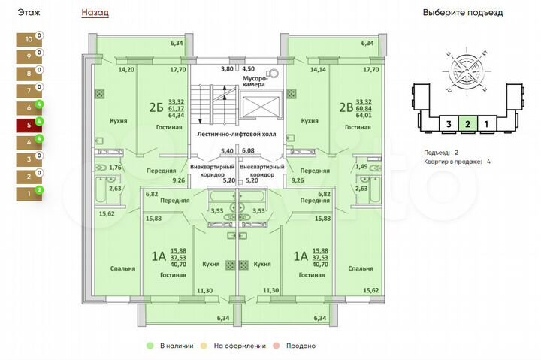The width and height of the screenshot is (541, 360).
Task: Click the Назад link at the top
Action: (x=95, y=13)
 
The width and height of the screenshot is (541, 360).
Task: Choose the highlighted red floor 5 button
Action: (x=29, y=125)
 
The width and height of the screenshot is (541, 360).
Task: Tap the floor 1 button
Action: (x=29, y=194)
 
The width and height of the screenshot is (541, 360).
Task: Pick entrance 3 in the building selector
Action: (x=448, y=124)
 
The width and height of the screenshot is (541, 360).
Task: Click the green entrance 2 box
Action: (x=467, y=124)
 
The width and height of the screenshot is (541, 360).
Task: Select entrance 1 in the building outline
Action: (x=486, y=124)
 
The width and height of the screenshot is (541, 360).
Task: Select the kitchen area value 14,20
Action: (x=126, y=70)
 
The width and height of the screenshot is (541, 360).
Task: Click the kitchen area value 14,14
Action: (x=319, y=70)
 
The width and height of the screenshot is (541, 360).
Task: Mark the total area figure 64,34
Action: (x=177, y=116)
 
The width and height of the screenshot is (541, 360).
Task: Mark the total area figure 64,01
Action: (x=364, y=116)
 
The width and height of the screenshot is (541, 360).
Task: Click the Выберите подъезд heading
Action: (x=473, y=13)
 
